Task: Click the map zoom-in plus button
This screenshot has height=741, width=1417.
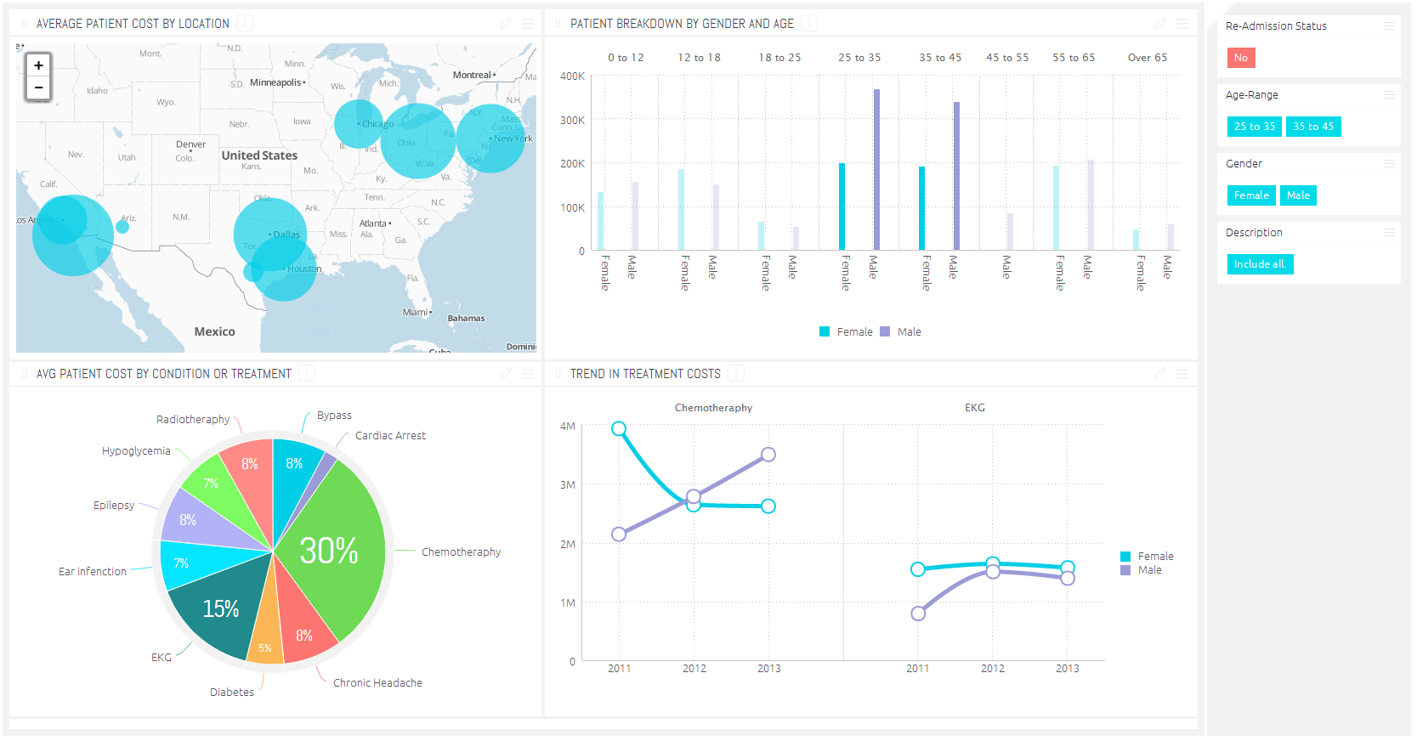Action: (x=38, y=65)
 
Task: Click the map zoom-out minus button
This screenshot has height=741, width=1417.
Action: (x=38, y=88)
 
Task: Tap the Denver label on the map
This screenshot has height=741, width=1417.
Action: (x=190, y=144)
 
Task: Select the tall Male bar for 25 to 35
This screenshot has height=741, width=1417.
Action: (x=876, y=170)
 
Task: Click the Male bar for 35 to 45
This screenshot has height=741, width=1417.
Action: (x=956, y=176)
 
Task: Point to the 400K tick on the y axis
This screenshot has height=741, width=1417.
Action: (x=572, y=76)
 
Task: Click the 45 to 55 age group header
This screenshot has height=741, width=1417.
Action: (x=1007, y=58)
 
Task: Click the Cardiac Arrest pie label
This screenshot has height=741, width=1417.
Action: (x=390, y=436)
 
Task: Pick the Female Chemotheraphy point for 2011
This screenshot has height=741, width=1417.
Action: (x=619, y=429)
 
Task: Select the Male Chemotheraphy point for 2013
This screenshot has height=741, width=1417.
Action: (x=768, y=455)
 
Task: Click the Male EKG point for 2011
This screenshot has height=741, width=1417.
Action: (x=918, y=614)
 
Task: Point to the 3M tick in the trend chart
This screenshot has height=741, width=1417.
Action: (x=568, y=485)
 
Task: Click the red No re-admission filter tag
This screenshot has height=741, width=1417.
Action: (x=1241, y=58)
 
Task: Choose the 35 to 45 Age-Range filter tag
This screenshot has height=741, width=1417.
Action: (x=1313, y=127)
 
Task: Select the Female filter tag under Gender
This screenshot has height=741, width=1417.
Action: (x=1251, y=195)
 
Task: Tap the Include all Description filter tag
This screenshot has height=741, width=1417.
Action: (x=1260, y=264)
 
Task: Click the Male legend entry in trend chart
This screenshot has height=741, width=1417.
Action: (x=1149, y=570)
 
